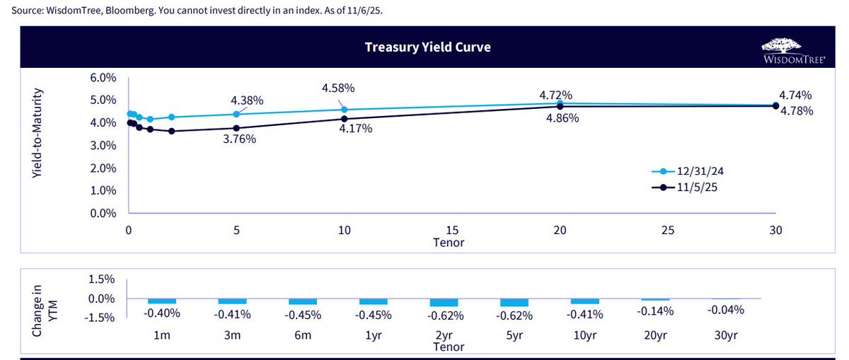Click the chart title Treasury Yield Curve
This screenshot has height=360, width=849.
click(427, 47)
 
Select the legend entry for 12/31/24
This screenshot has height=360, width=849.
click(693, 172)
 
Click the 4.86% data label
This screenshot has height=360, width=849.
click(562, 119)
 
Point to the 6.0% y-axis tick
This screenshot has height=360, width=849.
click(103, 78)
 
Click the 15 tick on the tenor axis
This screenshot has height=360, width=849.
click(452, 231)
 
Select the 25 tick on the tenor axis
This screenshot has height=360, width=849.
click(667, 231)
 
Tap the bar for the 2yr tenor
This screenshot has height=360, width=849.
click(444, 302)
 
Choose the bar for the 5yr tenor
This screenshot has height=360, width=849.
click(514, 302)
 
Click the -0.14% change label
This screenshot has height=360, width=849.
click(656, 311)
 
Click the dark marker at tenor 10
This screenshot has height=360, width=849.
click(345, 119)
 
